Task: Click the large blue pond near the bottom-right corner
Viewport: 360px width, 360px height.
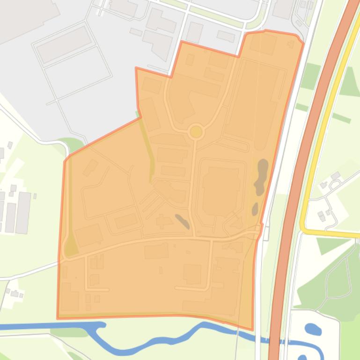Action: pos(313,329)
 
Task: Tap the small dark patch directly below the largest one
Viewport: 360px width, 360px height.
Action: pos(255,209)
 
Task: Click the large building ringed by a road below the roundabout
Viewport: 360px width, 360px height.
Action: pos(221,189)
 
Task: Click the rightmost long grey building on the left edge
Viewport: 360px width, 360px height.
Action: pos(23,213)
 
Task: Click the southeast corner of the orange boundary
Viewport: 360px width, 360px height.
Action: pos(252,329)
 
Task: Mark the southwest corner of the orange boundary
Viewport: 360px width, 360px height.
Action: pos(58,318)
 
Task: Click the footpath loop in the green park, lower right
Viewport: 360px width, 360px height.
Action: pos(337,281)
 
